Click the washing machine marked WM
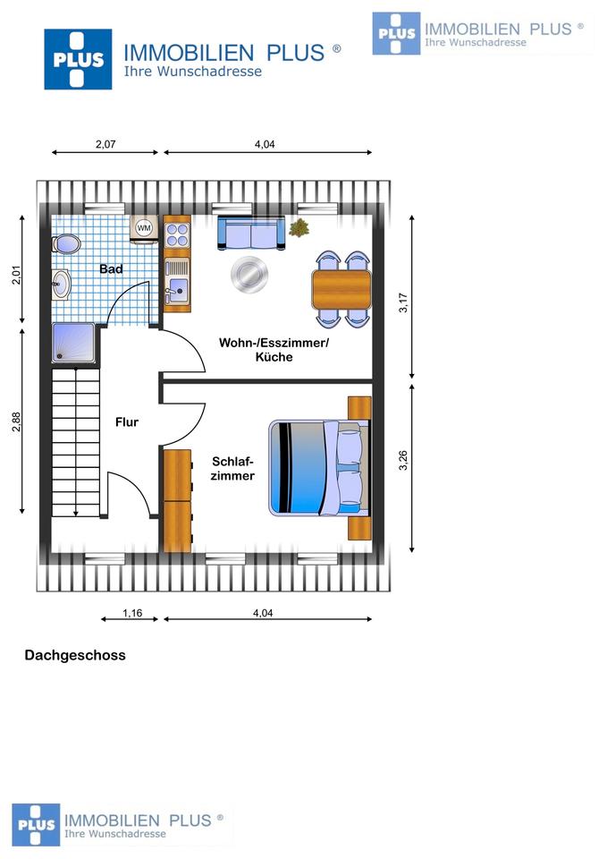coord(143,229)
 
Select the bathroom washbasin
coord(61,284)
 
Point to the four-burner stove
coord(176,234)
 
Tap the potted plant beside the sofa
coord(299,229)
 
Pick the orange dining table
coord(341,288)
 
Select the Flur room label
coord(126,422)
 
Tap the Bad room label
coord(111,268)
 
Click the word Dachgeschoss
coord(75,655)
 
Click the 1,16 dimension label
coord(131,613)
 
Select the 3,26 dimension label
coord(404,460)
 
